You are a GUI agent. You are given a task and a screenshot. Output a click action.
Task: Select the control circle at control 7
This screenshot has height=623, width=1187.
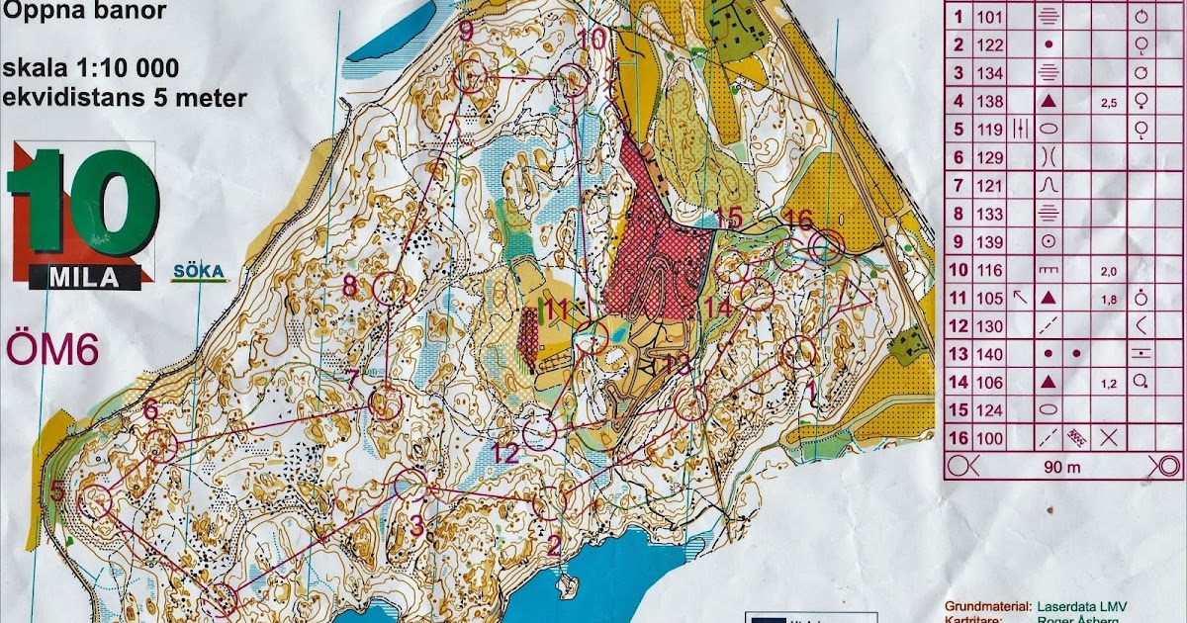click(385, 404)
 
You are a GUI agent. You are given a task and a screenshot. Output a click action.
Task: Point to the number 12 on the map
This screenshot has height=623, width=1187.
click(504, 454)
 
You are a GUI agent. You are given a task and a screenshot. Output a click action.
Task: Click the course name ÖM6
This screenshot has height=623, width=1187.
click(52, 349)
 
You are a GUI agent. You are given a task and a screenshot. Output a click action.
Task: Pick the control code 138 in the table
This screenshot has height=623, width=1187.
click(989, 100)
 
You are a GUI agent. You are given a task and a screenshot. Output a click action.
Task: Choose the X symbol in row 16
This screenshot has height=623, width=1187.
click(1109, 437)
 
